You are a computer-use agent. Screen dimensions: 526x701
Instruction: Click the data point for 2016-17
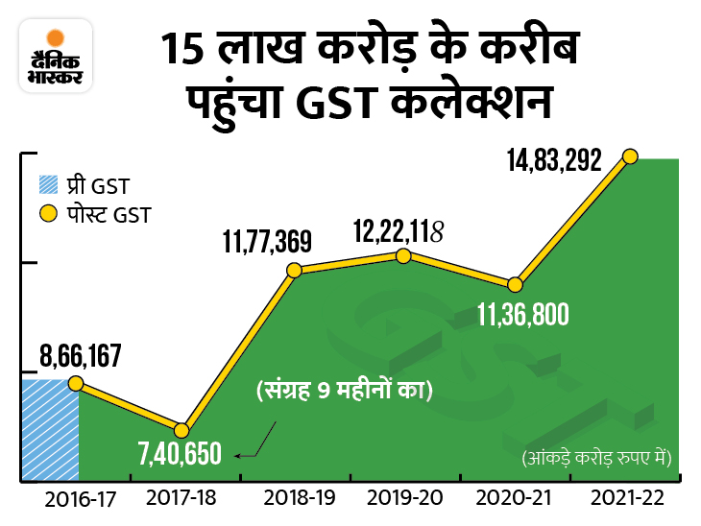tap(76, 382)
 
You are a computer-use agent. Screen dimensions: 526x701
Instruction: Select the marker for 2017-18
tap(181, 429)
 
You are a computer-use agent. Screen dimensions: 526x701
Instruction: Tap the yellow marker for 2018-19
tap(294, 270)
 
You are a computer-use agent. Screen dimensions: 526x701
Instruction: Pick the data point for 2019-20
tap(403, 255)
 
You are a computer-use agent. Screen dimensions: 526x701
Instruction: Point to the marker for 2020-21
tap(516, 284)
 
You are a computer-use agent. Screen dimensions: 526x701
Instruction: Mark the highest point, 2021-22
tap(631, 155)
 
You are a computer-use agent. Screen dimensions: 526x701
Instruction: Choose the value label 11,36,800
tap(522, 314)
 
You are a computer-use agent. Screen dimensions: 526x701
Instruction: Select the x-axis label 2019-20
tap(405, 500)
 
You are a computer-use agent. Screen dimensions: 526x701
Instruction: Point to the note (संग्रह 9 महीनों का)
tap(344, 391)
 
